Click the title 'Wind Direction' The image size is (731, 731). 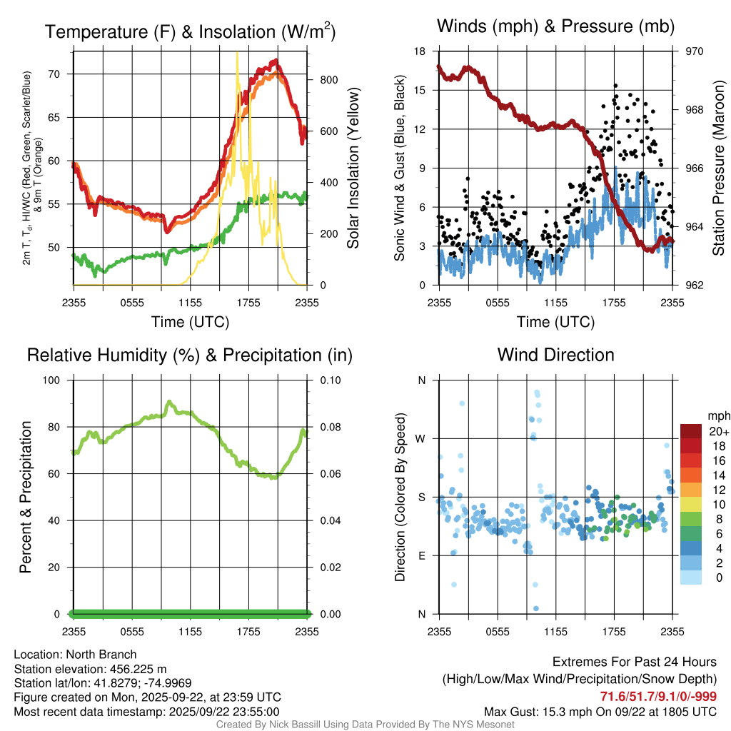(x=555, y=355)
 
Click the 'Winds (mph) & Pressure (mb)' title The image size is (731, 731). (x=555, y=27)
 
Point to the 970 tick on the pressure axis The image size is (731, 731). (x=695, y=51)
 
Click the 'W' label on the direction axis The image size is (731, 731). (x=421, y=438)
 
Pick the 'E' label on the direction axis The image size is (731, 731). (x=421, y=555)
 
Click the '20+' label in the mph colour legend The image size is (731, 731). (x=717, y=431)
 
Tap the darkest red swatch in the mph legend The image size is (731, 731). (x=691, y=431)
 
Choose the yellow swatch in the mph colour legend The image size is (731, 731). (x=691, y=505)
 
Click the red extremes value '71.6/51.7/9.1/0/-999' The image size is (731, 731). (x=658, y=697)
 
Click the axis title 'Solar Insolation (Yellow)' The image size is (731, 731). (x=353, y=168)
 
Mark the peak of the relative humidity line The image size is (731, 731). (x=169, y=402)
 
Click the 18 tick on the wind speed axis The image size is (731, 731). (x=420, y=51)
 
